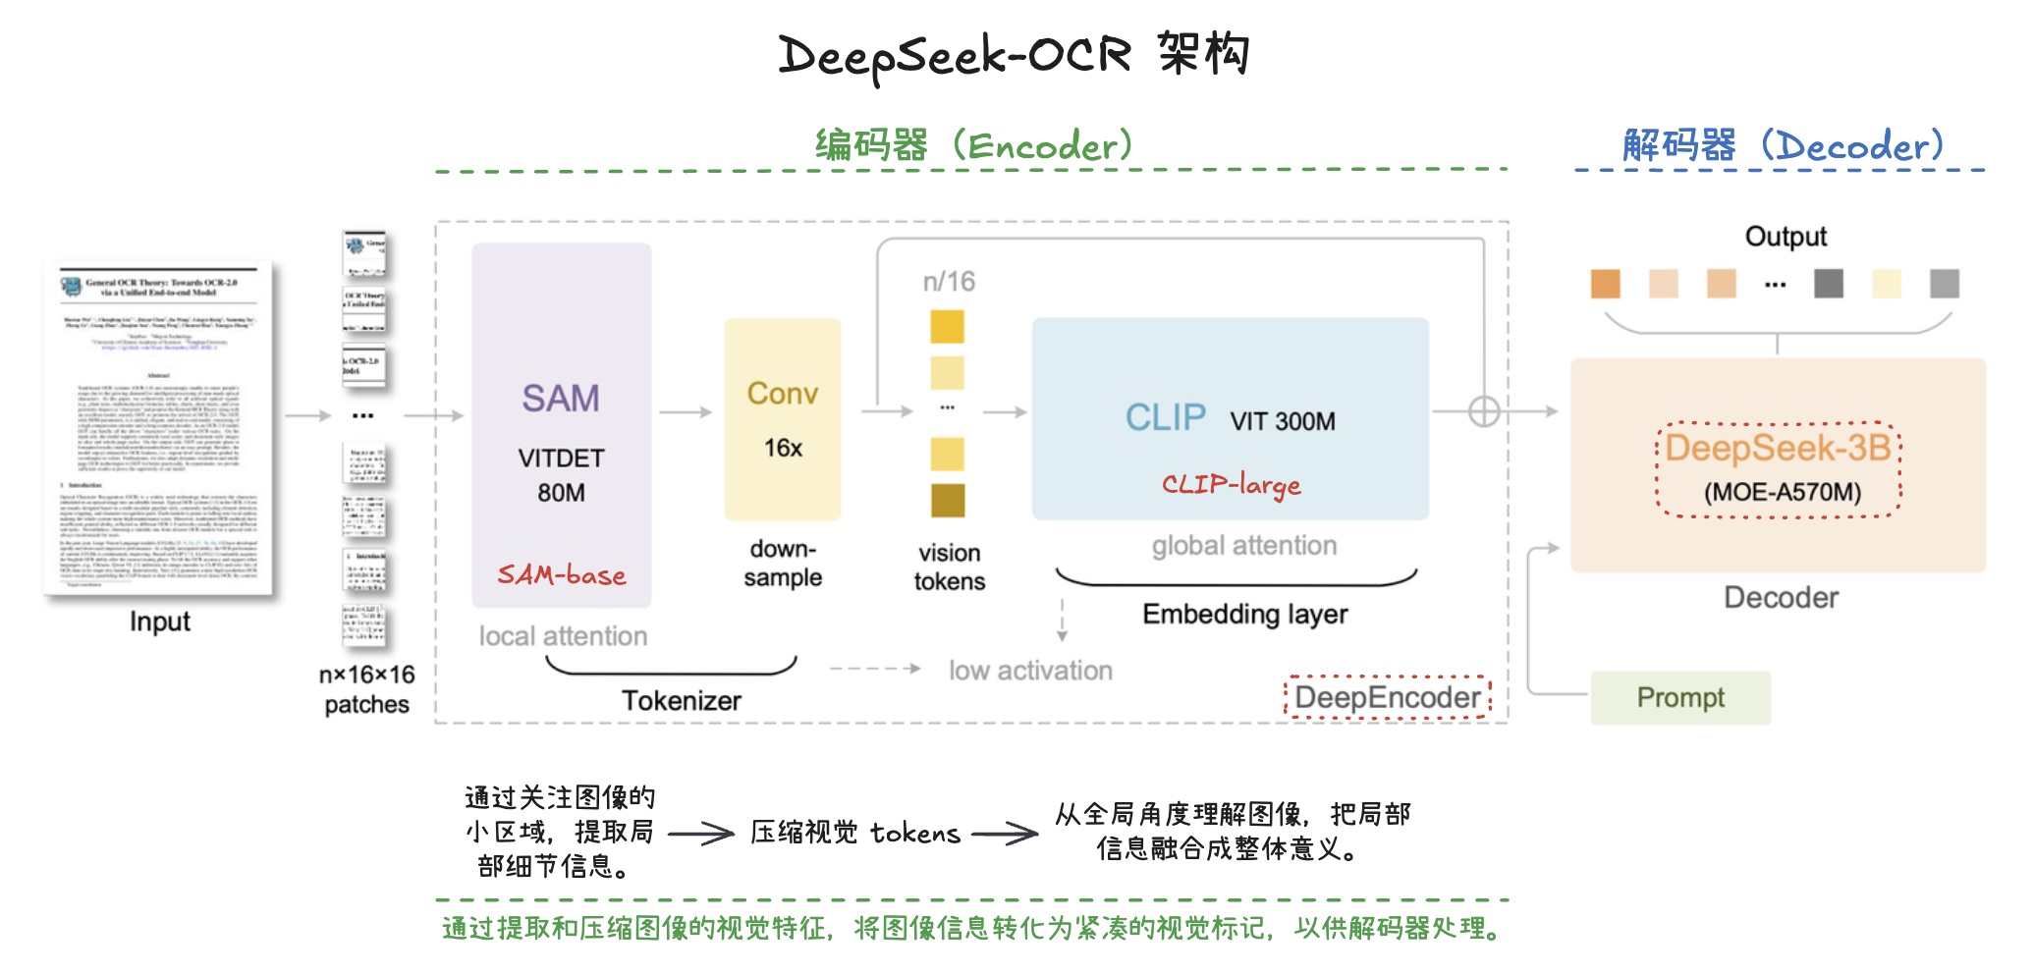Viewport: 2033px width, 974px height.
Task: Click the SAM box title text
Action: coord(560,399)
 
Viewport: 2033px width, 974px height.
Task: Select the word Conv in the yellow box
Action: coord(782,394)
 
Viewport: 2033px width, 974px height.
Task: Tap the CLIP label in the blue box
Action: coord(1165,418)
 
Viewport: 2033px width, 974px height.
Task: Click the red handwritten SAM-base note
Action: coord(561,574)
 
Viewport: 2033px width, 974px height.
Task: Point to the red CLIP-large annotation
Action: coord(1231,484)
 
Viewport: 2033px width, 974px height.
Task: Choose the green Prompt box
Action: coord(1679,698)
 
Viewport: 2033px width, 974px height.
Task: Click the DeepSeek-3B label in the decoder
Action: coord(1778,449)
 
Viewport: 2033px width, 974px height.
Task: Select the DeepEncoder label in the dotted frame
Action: coord(1387,698)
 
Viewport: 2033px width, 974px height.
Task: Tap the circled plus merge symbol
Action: coord(1483,412)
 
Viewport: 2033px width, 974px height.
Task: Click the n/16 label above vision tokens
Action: coord(949,282)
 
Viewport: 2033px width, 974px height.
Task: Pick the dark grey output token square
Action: coord(1828,284)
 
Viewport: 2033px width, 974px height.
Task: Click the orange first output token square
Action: coord(1605,284)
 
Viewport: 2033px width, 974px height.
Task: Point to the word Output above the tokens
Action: coord(1785,237)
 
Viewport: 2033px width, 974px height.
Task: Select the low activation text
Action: coord(1030,671)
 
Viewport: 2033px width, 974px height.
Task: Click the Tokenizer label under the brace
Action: coord(681,701)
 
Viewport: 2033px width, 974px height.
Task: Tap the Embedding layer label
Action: coord(1244,615)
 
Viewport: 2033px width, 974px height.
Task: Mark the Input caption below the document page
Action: coord(159,622)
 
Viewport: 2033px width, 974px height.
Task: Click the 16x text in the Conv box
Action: coord(783,449)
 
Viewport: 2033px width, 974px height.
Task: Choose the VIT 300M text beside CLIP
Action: coord(1282,422)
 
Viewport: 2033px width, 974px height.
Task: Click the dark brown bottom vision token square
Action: coord(948,500)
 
